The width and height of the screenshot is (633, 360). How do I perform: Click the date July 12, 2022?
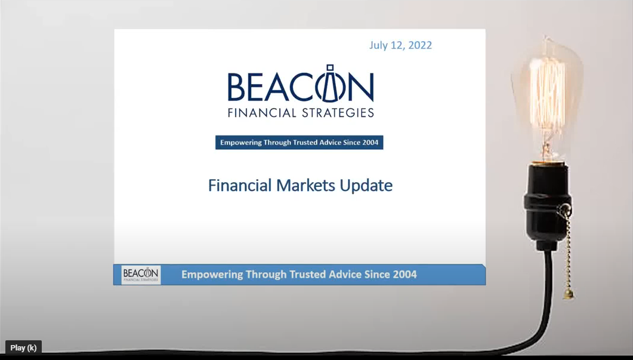(x=400, y=45)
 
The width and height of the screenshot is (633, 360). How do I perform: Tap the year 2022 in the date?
(x=420, y=45)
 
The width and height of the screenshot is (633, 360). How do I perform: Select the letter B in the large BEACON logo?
(x=237, y=87)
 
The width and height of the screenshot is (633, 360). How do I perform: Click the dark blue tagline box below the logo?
(x=299, y=143)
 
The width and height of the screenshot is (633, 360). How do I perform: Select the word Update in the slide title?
(x=366, y=186)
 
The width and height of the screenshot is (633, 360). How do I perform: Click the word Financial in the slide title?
(x=240, y=186)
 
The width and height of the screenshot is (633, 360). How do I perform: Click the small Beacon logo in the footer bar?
(x=141, y=275)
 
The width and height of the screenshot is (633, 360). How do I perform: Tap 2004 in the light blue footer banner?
(x=404, y=275)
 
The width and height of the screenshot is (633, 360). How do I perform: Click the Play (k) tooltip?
(x=23, y=348)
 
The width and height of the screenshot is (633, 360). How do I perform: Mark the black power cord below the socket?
(x=544, y=299)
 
